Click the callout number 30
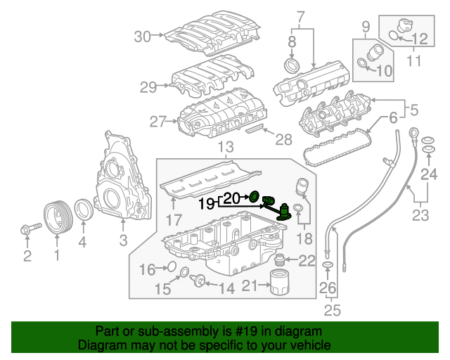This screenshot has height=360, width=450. (143, 37)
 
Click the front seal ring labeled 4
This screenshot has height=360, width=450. (83, 210)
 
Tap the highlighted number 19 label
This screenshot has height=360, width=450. (206, 205)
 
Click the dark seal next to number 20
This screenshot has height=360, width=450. (255, 195)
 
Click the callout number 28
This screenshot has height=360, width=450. (283, 140)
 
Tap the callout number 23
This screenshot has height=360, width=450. (420, 215)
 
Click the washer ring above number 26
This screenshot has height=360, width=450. (328, 265)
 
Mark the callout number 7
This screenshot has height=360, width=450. (300, 16)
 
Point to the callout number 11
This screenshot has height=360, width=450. (414, 60)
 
